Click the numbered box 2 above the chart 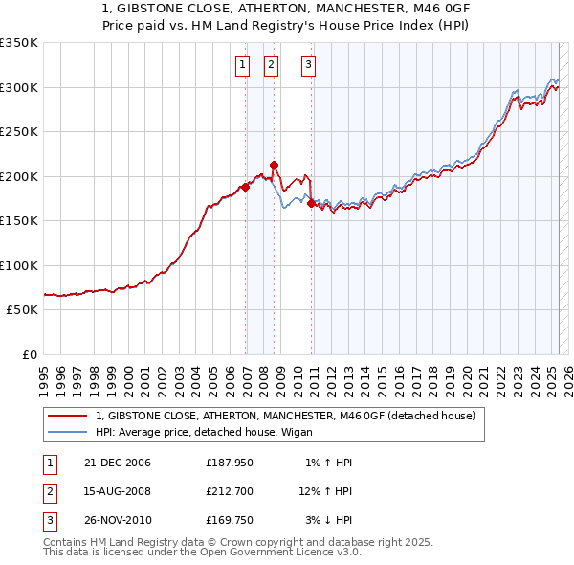point(271,65)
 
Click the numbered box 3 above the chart point(309,65)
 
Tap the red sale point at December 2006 point(245,188)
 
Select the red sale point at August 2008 point(274,165)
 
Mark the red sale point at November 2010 point(312,203)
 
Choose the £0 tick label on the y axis point(30,354)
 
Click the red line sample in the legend point(68,416)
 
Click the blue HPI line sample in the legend point(68,432)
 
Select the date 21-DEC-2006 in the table point(118,463)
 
